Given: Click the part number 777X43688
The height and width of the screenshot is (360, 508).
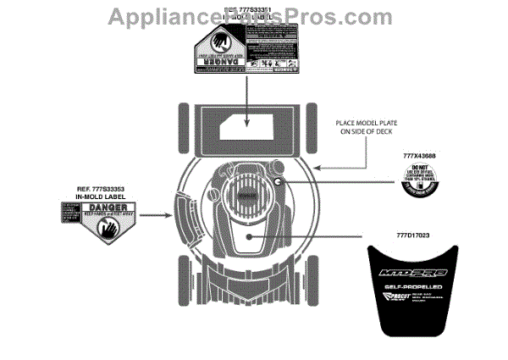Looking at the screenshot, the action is point(421,157).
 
